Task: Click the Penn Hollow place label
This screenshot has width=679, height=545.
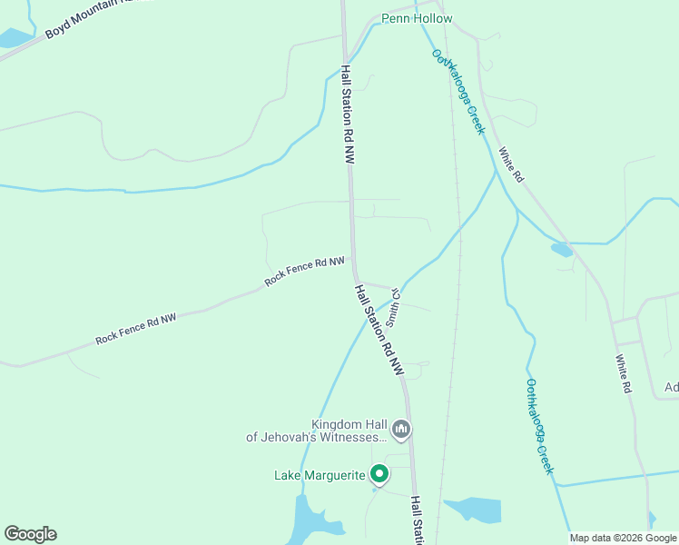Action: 417,18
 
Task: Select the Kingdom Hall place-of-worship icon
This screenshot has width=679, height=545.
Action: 401,429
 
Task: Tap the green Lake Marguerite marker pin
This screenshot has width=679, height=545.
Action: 379,474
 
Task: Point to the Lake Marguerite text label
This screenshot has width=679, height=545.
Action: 320,475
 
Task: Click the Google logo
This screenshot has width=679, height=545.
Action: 30,534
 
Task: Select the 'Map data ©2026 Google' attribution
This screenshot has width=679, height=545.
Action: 623,538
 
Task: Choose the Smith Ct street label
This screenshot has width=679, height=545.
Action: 394,307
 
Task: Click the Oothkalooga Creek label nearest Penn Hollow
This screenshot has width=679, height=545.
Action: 458,92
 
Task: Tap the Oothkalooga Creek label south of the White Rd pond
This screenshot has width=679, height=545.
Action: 539,426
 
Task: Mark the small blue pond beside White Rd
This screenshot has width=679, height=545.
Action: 562,249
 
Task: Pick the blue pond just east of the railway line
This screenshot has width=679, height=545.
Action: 473,510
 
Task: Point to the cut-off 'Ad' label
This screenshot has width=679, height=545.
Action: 671,388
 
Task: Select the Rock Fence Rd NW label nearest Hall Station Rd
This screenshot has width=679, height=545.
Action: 304,271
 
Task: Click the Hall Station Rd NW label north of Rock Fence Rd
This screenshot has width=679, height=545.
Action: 347,114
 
